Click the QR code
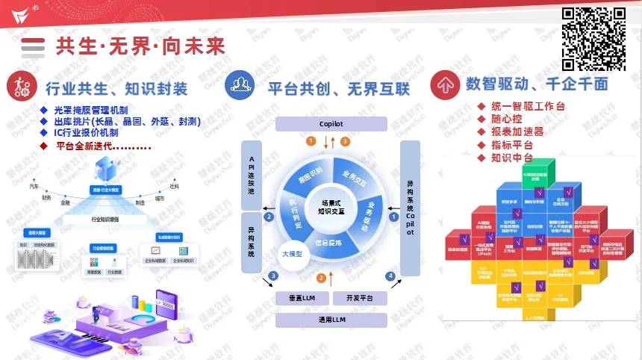tap(593, 38)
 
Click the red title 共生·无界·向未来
tap(140, 46)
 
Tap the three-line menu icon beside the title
tap(33, 46)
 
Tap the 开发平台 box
tap(359, 298)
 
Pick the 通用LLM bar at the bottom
tap(331, 320)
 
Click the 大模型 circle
tap(291, 253)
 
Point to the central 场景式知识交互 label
tap(331, 207)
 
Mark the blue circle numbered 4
tap(390, 276)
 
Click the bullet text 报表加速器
tap(517, 131)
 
